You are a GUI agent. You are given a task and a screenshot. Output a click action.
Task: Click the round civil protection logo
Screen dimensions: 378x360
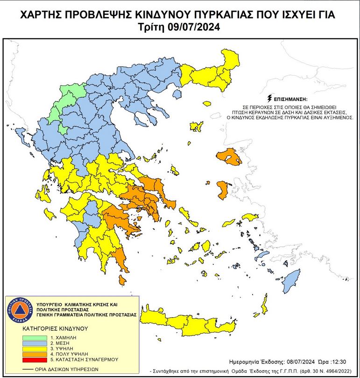point(19,309)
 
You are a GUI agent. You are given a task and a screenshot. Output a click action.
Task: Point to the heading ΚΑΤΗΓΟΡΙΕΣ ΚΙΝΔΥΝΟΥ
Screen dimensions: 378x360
point(55,328)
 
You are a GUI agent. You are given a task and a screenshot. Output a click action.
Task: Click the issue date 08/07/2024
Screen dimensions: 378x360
point(301,362)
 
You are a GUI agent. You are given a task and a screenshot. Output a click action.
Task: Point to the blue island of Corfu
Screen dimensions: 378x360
point(20,136)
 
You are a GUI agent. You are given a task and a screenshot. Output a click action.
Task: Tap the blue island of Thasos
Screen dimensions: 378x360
point(176,95)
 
